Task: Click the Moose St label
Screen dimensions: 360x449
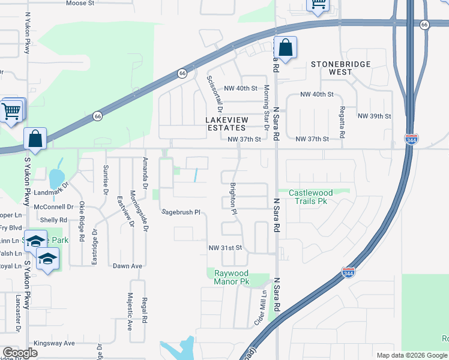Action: click(80, 3)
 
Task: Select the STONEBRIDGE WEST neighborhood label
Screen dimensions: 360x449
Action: click(340, 68)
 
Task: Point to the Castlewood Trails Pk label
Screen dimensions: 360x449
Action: click(310, 197)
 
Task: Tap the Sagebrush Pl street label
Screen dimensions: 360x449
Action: click(180, 212)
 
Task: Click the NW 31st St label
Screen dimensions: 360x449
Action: click(224, 248)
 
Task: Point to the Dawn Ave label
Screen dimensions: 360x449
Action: click(127, 266)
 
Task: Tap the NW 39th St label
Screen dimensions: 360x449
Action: click(374, 116)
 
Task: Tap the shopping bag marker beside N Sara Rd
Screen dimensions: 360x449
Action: click(286, 48)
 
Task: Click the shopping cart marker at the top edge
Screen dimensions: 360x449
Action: click(318, 5)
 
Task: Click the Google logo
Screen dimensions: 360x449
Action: click(20, 353)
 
